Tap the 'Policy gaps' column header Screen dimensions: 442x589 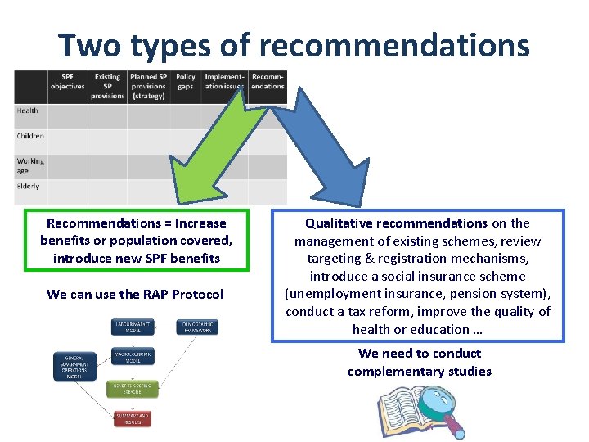click(x=186, y=82)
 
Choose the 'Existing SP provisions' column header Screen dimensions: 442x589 click(x=108, y=86)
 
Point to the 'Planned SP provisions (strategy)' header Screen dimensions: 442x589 click(x=148, y=86)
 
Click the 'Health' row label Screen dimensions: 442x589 click(x=28, y=110)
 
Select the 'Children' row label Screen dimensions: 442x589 click(x=30, y=136)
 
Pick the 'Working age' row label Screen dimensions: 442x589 click(x=30, y=165)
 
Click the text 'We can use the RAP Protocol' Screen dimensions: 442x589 click(x=135, y=294)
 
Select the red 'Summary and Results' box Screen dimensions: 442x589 click(x=133, y=418)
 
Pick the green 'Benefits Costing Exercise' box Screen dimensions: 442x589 click(x=133, y=387)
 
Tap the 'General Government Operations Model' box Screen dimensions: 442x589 click(x=75, y=366)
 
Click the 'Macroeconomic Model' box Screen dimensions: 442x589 click(x=133, y=357)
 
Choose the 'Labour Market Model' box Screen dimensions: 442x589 click(x=133, y=327)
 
